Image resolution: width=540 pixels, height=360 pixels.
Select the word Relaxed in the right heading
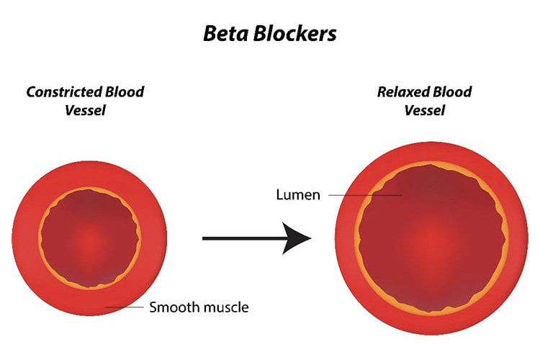tap(405, 92)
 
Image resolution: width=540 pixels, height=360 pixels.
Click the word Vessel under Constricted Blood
tap(85, 111)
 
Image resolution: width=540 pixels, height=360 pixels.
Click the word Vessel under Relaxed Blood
tap(425, 111)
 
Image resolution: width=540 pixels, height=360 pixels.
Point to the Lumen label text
tap(298, 195)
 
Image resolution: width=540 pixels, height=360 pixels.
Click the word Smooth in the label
tap(172, 307)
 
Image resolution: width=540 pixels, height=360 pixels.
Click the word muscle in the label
tap(224, 307)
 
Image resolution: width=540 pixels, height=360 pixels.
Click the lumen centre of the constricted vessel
tap(89, 238)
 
